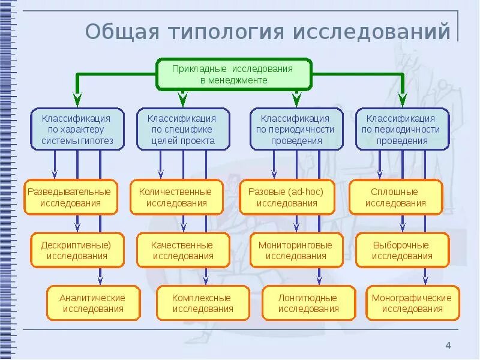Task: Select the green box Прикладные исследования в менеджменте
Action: tap(233, 74)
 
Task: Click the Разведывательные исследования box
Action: tap(70, 197)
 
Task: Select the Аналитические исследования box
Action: tap(93, 303)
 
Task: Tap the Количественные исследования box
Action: tap(175, 197)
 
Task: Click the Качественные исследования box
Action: tap(183, 250)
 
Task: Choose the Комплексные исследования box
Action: tap(203, 303)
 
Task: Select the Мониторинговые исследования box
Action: tap(296, 250)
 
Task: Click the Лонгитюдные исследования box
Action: tap(308, 303)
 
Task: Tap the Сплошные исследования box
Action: tap(395, 197)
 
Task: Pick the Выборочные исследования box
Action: tap(402, 250)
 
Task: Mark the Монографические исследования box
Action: tap(412, 303)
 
